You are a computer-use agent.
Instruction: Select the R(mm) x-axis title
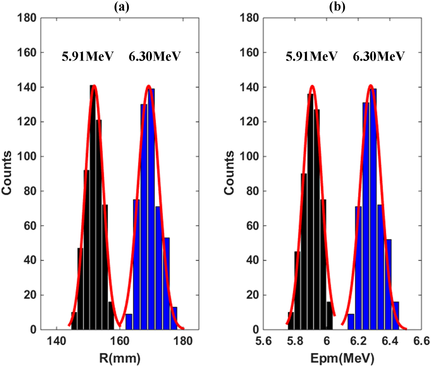(x=120, y=358)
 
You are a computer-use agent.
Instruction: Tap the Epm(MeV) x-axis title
(x=342, y=358)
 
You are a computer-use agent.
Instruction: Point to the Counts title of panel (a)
(x=7, y=173)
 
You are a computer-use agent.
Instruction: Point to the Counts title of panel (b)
(x=229, y=173)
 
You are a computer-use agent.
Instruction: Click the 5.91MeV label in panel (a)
(x=88, y=56)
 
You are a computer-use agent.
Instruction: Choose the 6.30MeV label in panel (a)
(x=154, y=56)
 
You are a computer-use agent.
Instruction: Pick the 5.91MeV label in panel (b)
(x=311, y=56)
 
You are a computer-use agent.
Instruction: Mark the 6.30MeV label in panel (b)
(x=378, y=56)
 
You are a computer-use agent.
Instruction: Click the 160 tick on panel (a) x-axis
(x=120, y=341)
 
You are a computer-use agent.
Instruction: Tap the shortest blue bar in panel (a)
(x=129, y=322)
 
